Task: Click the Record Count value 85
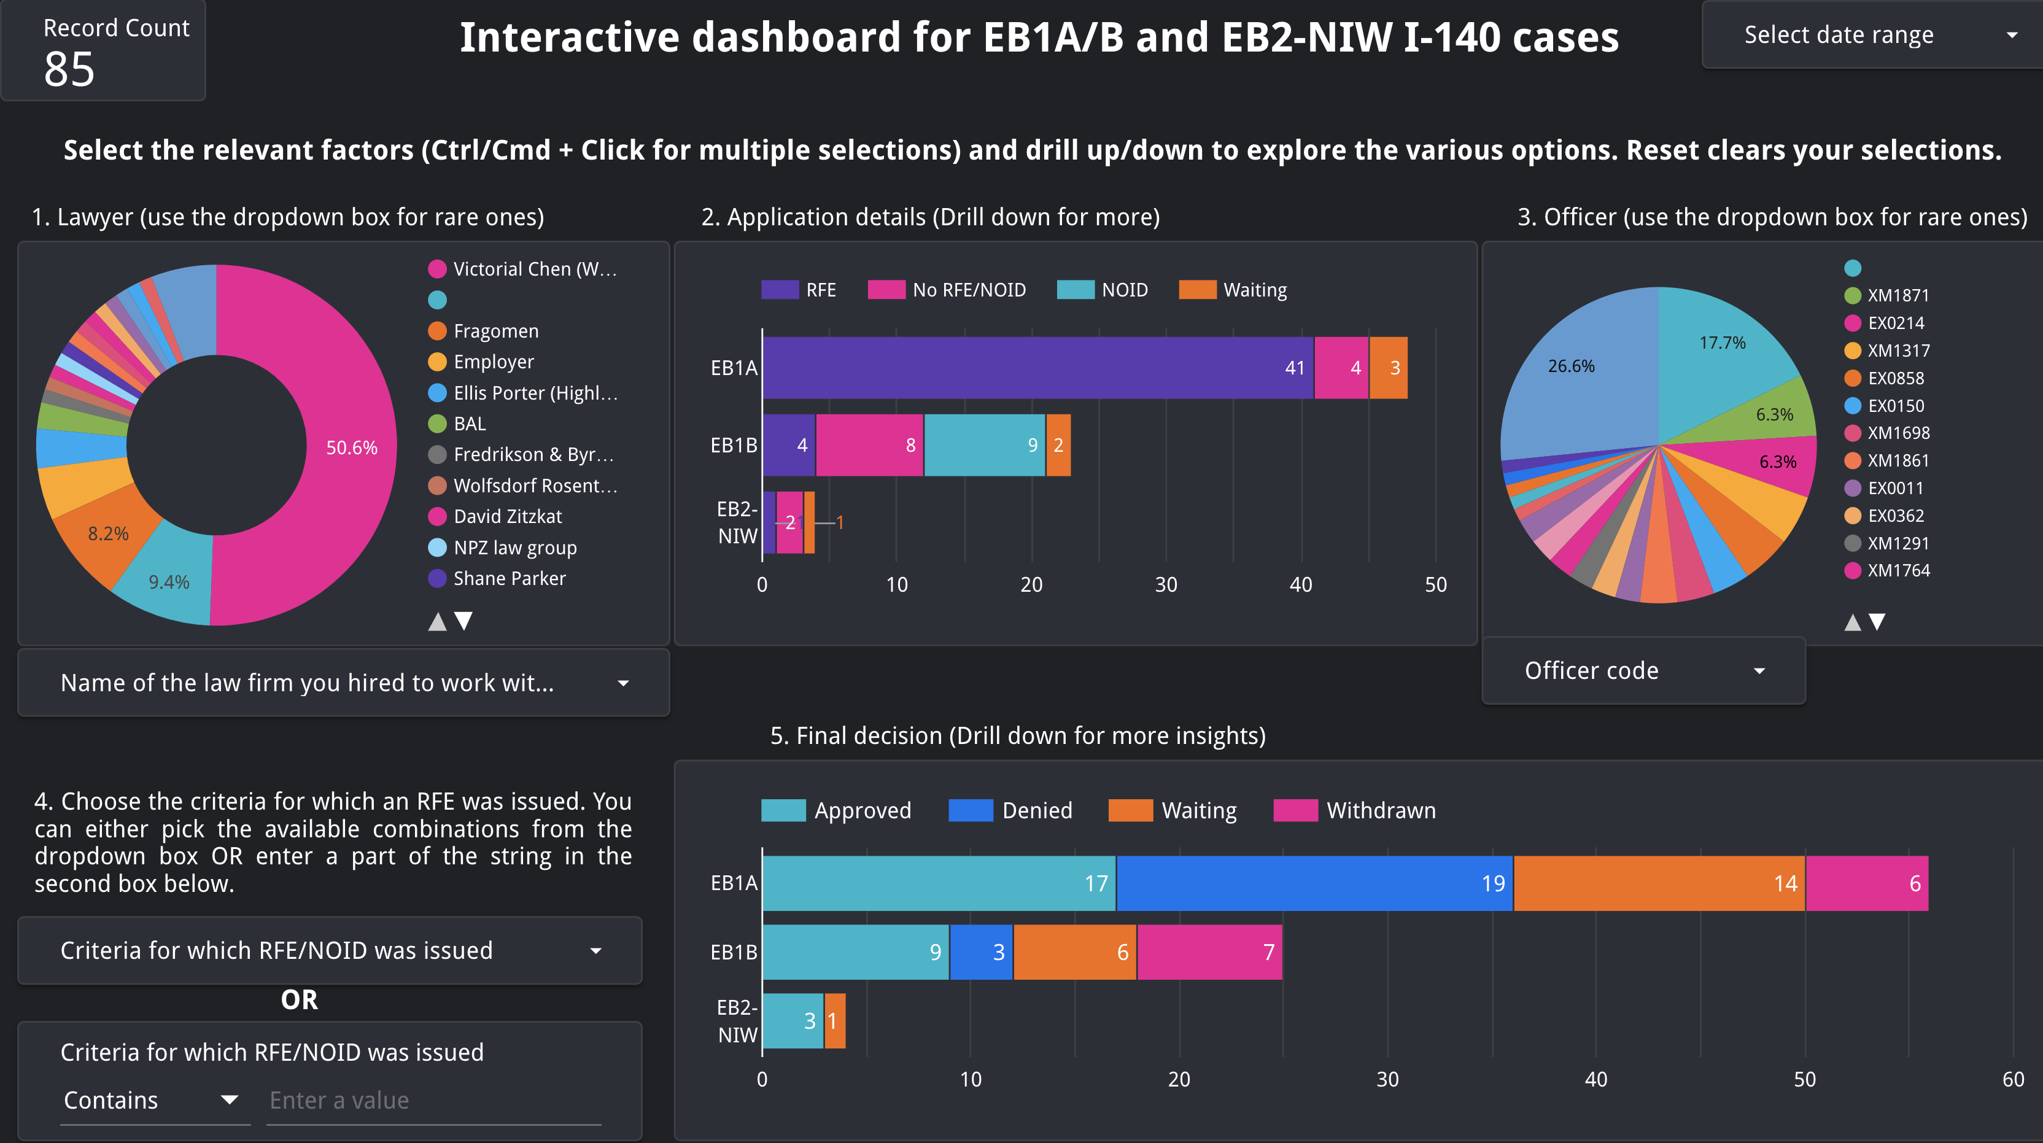[x=70, y=70]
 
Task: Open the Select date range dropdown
[x=1872, y=35]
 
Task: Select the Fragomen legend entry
[x=495, y=331]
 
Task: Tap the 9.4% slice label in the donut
[x=169, y=582]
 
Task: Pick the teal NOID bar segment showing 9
[x=983, y=445]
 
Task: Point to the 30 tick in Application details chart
[x=1165, y=584]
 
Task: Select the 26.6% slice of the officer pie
[x=1570, y=366]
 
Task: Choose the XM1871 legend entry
[x=1897, y=295]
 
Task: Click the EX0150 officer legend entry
[x=1896, y=405]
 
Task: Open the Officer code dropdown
[x=1643, y=671]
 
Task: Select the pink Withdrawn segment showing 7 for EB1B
[x=1209, y=952]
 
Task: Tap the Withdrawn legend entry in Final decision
[x=1380, y=810]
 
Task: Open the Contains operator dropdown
[x=150, y=1100]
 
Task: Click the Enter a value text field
[x=433, y=1100]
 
